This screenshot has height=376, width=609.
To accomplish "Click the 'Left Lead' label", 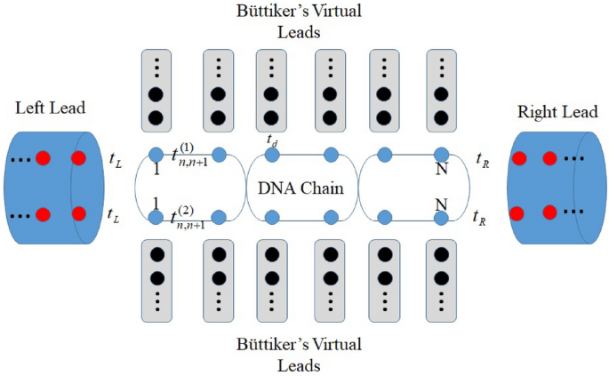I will pyautogui.click(x=51, y=108).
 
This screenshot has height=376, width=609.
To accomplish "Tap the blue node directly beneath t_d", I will pyautogui.click(x=272, y=156).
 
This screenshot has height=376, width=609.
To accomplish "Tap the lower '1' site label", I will pyautogui.click(x=156, y=203).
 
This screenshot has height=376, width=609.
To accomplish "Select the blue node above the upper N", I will pyautogui.click(x=442, y=155).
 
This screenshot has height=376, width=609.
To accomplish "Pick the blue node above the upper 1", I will pyautogui.click(x=156, y=155).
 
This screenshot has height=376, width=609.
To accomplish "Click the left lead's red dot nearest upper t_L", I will pyautogui.click(x=78, y=159).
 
